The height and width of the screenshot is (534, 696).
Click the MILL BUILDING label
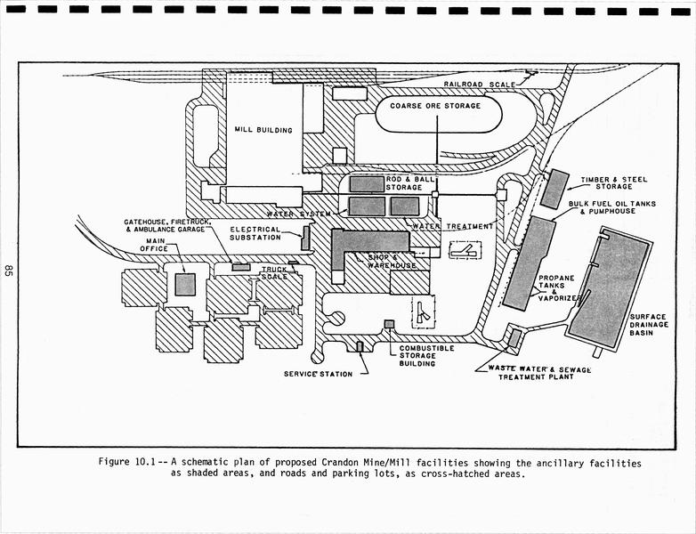(263, 130)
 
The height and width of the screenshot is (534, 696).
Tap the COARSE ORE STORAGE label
(435, 106)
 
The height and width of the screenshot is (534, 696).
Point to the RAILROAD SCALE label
(479, 84)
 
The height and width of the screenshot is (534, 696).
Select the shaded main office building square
(184, 284)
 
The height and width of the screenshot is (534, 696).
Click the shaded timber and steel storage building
(554, 189)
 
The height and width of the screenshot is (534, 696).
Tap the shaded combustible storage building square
(388, 324)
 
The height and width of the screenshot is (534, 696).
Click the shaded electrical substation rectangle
(305, 238)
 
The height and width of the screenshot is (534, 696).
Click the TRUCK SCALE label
(274, 272)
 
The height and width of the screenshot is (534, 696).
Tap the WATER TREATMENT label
(454, 226)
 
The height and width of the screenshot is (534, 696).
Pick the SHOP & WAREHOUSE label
(393, 260)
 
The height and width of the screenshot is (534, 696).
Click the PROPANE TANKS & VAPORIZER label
(558, 287)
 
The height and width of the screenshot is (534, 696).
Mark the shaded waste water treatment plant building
(514, 338)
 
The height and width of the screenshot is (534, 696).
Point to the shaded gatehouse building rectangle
(240, 267)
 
